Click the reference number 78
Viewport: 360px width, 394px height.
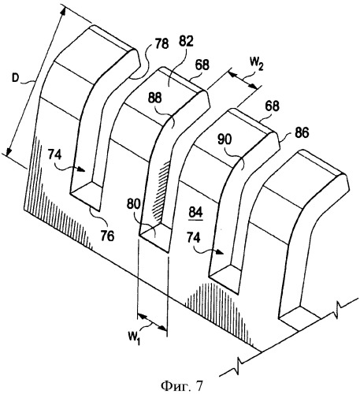tap(161, 43)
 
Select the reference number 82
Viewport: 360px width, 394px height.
tap(186, 41)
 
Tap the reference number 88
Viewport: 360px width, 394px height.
tap(155, 98)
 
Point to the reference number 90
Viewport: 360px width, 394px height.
tap(225, 139)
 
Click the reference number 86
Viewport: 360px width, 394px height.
tap(301, 133)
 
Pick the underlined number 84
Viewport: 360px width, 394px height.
tap(196, 212)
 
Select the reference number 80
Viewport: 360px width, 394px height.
tap(134, 204)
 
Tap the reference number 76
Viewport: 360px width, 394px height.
tap(107, 236)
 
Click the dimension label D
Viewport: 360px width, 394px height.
tap(15, 79)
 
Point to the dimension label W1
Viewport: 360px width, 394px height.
tap(134, 338)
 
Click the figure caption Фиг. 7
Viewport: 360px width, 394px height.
tap(182, 385)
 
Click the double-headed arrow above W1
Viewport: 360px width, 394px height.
tap(152, 322)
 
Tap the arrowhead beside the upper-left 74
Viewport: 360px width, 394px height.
tap(81, 169)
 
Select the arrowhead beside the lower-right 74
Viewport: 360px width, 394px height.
tap(219, 252)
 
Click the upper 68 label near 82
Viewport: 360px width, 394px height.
tap(202, 65)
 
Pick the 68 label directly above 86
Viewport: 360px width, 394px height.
tap(272, 106)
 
